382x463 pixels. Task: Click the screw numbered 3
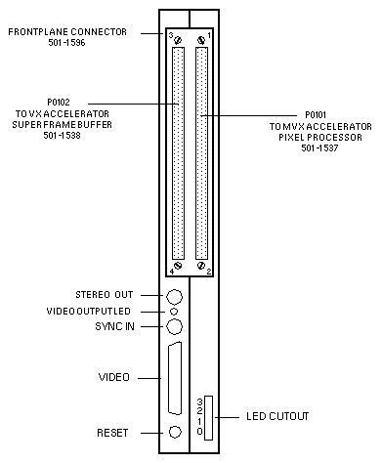point(178,40)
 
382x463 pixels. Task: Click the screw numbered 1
point(201,40)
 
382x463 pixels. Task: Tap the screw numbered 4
point(178,266)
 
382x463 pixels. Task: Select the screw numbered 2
point(201,266)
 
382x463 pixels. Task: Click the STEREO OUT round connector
point(174,297)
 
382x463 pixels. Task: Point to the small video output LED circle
point(174,312)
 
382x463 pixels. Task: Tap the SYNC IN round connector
point(174,326)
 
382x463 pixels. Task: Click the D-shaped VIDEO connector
point(175,378)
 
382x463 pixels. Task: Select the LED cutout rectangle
point(208,418)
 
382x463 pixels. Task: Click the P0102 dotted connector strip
point(178,153)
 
